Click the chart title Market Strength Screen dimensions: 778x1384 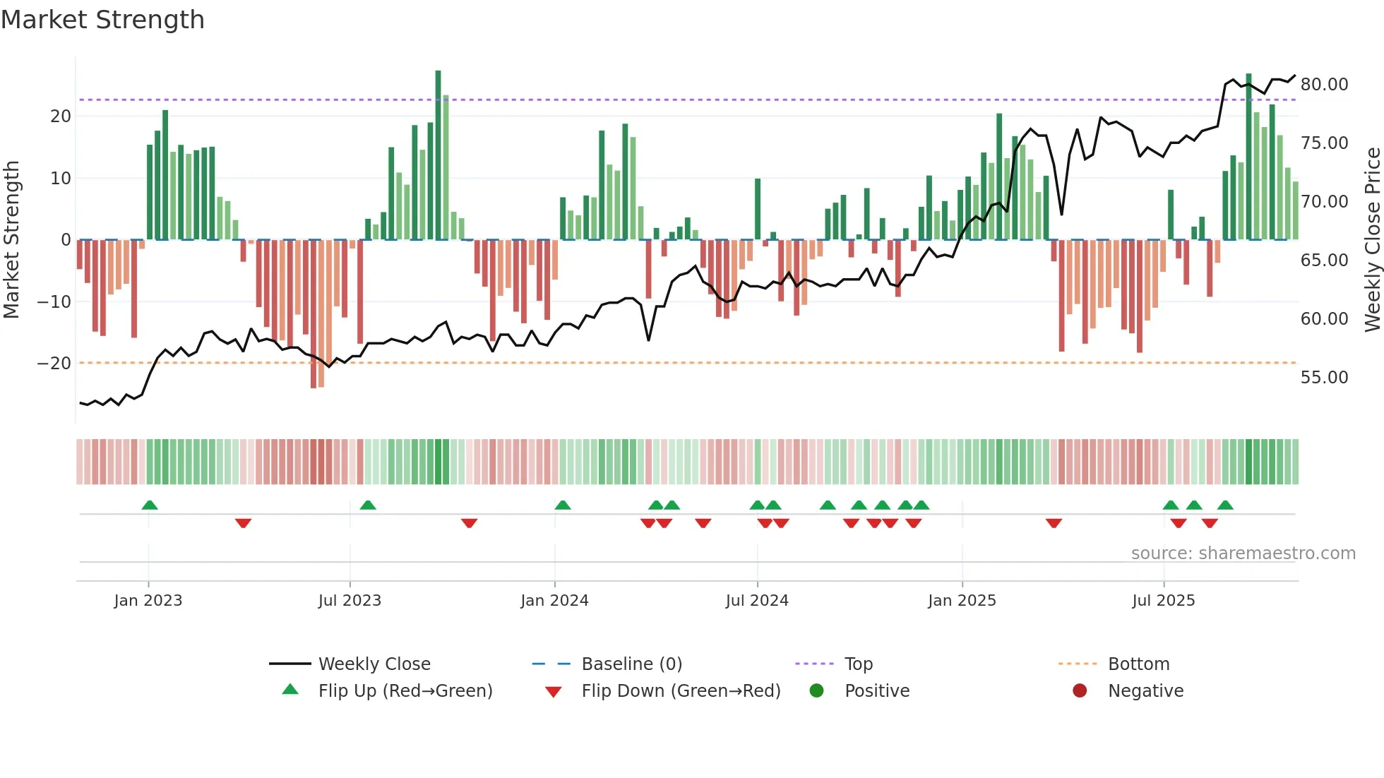click(x=102, y=20)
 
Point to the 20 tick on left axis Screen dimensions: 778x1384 click(x=61, y=116)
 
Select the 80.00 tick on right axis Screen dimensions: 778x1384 click(x=1324, y=85)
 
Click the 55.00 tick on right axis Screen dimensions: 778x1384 click(x=1324, y=378)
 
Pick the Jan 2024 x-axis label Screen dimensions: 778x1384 click(x=554, y=601)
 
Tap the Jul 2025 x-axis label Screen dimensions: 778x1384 click(x=1163, y=601)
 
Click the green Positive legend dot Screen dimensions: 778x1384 click(x=816, y=691)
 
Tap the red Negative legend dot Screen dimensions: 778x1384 click(x=1080, y=691)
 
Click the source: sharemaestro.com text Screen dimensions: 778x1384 click(x=1243, y=553)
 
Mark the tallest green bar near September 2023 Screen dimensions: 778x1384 click(x=438, y=155)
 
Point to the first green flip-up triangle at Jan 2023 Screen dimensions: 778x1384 click(x=149, y=505)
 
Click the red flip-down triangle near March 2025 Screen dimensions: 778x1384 click(x=1054, y=523)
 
